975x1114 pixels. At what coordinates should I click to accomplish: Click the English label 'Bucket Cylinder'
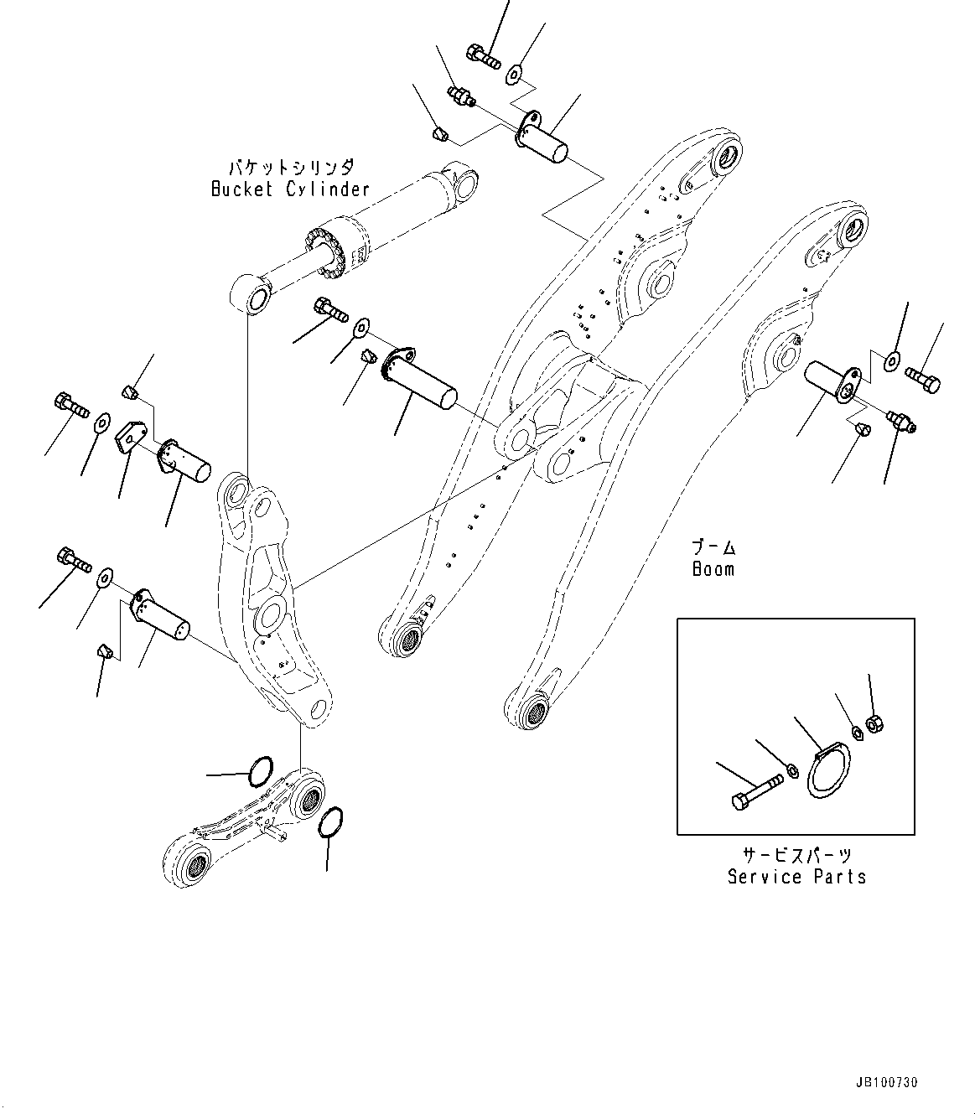coord(290,189)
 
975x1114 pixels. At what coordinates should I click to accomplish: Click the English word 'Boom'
coord(713,569)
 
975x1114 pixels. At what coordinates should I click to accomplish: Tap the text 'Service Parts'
coord(796,877)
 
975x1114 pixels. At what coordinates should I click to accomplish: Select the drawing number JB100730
coord(887,1083)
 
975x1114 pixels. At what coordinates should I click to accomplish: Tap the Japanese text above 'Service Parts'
coord(796,855)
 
